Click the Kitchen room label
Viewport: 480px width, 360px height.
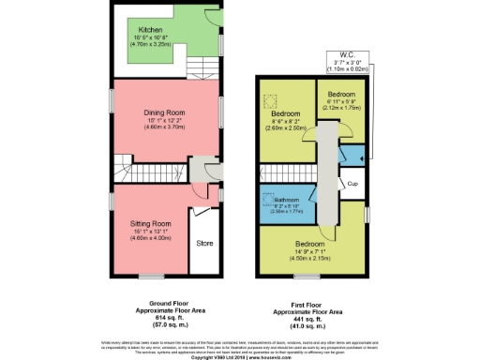coord(145,28)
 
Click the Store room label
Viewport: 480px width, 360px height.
coord(205,243)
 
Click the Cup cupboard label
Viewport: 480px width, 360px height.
coord(352,184)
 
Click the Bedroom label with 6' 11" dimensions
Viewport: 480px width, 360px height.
coord(342,96)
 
